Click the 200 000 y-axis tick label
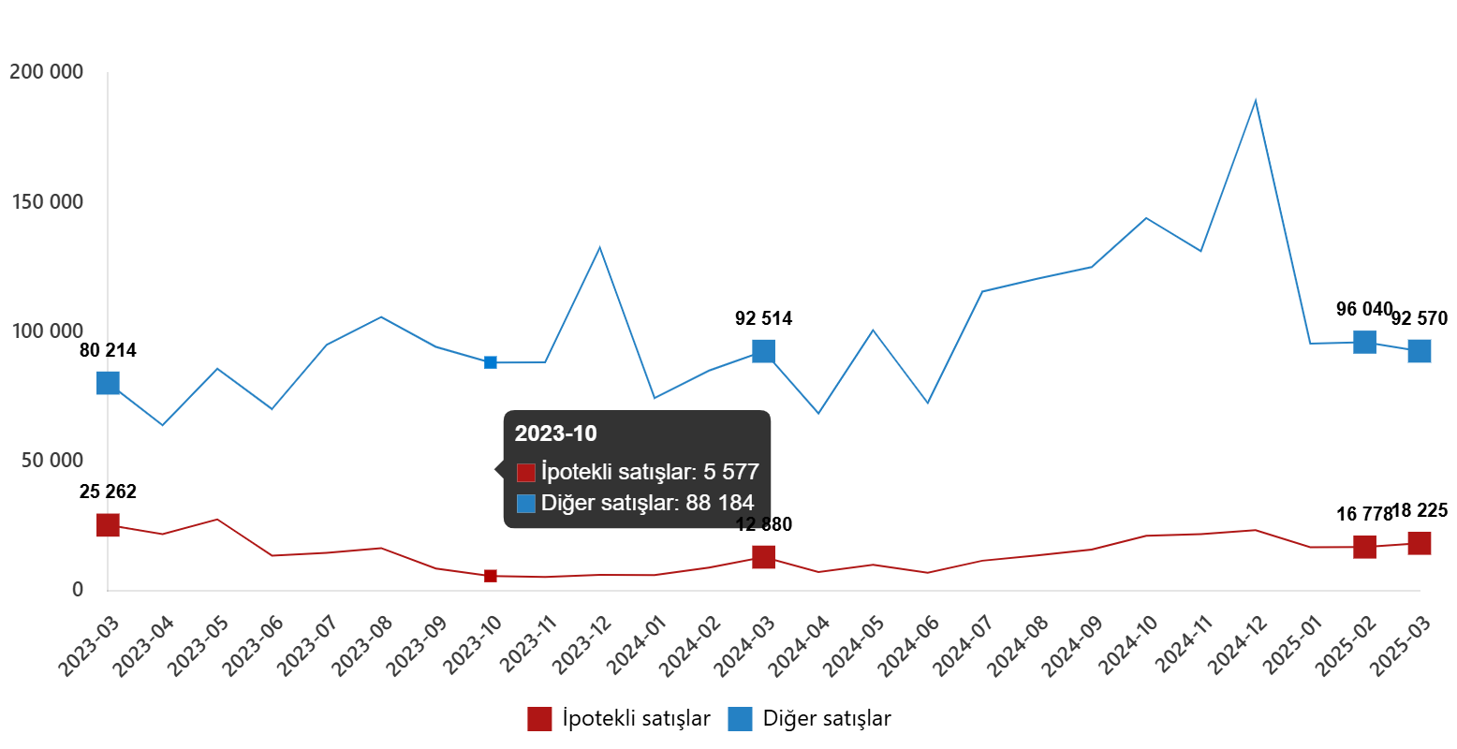tap(46, 72)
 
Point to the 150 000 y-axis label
tap(46, 202)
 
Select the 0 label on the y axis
tap(78, 589)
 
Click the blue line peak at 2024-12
tap(1255, 100)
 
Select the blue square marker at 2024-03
tap(763, 351)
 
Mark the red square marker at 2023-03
tap(108, 525)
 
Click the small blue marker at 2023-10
tap(491, 362)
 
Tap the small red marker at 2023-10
tap(491, 576)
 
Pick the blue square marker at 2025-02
tap(1364, 342)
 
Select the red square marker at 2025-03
tap(1420, 543)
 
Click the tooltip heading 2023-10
tap(555, 433)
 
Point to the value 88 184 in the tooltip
tap(719, 504)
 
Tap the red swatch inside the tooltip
tap(526, 473)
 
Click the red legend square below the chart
tap(539, 719)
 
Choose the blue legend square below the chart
tap(740, 719)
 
